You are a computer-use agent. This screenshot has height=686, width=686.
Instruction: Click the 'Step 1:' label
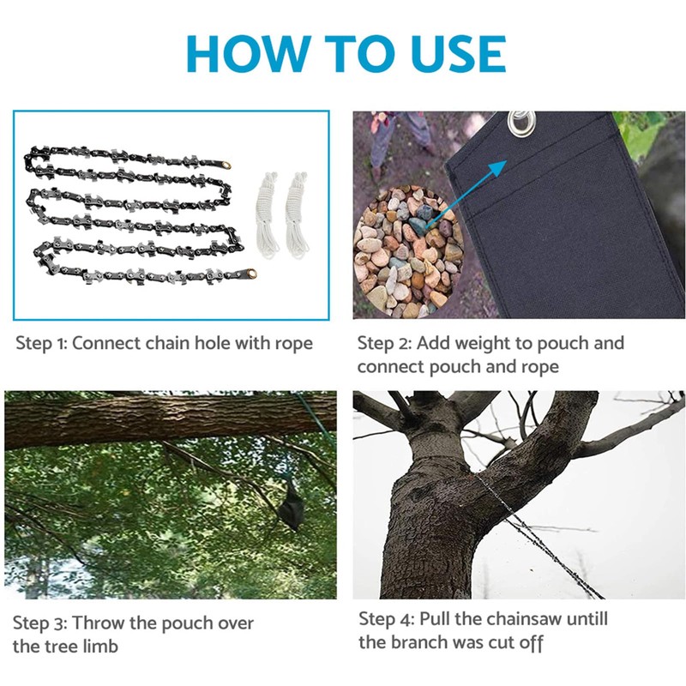(x=41, y=344)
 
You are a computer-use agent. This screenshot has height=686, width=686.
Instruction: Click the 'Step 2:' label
(x=382, y=344)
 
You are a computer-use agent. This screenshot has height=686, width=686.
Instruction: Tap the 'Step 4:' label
(x=384, y=619)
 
